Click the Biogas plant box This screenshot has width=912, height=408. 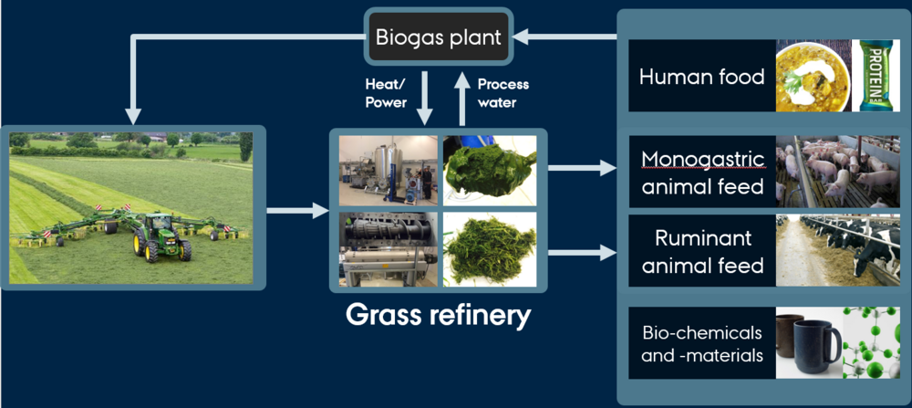pyautogui.click(x=439, y=38)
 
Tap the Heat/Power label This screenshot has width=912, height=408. pyautogui.click(x=386, y=93)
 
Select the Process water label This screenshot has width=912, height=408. pyautogui.click(x=503, y=93)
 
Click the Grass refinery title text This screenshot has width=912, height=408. pyautogui.click(x=438, y=316)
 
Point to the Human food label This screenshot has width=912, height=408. pyautogui.click(x=701, y=77)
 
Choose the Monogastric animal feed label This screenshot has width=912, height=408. pyautogui.click(x=701, y=173)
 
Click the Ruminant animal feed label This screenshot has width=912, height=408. pyautogui.click(x=701, y=253)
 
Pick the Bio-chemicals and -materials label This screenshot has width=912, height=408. pyautogui.click(x=701, y=343)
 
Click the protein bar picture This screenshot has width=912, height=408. pyautogui.click(x=875, y=76)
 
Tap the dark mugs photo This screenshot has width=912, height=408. pyautogui.click(x=806, y=342)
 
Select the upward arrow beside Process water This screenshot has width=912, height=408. pyautogui.click(x=461, y=100)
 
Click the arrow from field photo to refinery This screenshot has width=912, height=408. pyautogui.click(x=297, y=212)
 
